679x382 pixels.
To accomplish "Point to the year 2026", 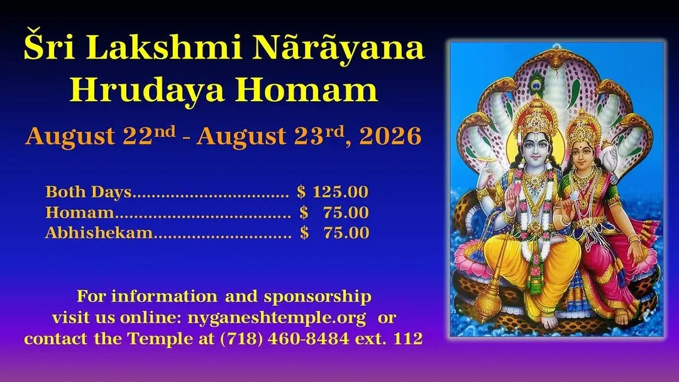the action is (x=390, y=136).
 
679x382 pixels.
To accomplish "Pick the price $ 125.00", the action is (x=333, y=192).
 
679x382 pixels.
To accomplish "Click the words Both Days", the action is (x=89, y=192).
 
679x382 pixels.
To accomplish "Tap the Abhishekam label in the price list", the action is (x=99, y=232).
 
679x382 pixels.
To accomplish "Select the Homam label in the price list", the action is (x=80, y=212).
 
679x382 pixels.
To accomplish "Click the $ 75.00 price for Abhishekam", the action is (x=334, y=232).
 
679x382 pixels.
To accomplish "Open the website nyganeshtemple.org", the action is (x=277, y=318).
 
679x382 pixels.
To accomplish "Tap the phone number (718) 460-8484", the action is (x=285, y=338).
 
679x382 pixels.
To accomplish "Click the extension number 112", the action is (x=408, y=338).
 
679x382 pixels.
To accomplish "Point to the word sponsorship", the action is (x=317, y=297).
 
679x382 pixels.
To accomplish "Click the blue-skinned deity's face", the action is (x=536, y=148).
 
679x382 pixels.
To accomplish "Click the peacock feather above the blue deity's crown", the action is (x=536, y=82).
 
